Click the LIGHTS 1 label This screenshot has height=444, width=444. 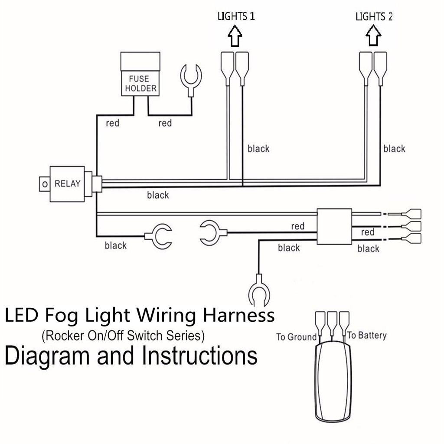click(x=236, y=17)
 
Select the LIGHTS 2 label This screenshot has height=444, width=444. click(x=374, y=17)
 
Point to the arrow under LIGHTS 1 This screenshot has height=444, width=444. click(x=235, y=37)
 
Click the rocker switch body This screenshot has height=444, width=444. click(x=333, y=382)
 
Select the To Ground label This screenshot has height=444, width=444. click(x=297, y=337)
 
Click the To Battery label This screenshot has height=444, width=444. click(x=367, y=335)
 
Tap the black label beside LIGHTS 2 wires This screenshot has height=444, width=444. click(x=394, y=149)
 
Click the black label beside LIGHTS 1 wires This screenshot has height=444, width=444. click(x=258, y=149)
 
